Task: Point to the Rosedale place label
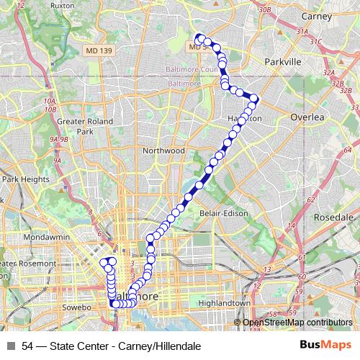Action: click(336, 217)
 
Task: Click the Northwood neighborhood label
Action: click(164, 150)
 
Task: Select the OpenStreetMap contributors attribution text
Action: click(297, 323)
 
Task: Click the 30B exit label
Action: click(265, 10)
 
